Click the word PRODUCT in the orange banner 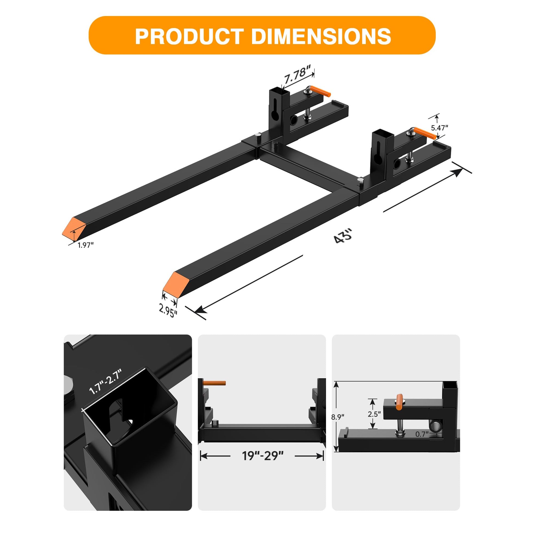coord(189,36)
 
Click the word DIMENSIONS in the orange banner coord(321,36)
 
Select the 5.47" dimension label coord(440,128)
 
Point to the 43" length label coord(343,236)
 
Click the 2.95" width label coord(168,310)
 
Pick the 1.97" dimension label coord(86,245)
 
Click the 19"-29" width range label coord(263,456)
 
